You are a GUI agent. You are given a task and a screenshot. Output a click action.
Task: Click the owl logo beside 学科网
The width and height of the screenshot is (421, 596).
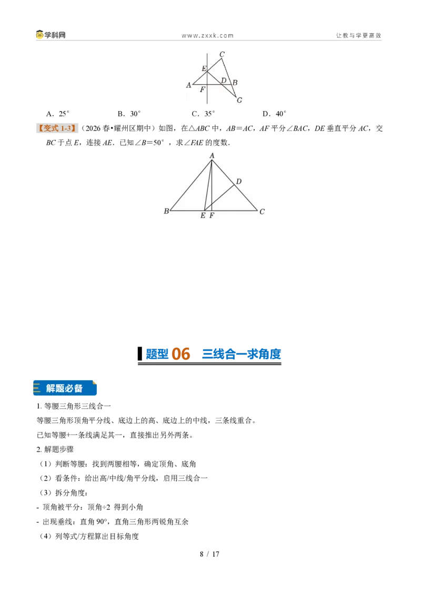click(39, 35)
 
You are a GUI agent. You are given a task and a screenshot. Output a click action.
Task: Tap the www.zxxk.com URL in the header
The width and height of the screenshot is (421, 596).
click(207, 36)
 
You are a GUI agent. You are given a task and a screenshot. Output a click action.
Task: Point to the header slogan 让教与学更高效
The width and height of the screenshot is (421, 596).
click(358, 35)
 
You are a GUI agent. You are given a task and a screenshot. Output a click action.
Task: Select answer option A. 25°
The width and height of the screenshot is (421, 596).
click(58, 114)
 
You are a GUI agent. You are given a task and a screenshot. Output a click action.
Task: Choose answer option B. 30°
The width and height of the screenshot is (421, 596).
click(129, 114)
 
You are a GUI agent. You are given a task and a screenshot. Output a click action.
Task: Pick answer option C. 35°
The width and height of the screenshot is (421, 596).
click(203, 114)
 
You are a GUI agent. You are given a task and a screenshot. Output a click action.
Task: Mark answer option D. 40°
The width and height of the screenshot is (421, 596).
click(274, 114)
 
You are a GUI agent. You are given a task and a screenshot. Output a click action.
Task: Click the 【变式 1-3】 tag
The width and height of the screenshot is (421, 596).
click(57, 128)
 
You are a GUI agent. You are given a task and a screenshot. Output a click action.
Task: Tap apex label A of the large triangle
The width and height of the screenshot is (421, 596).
click(212, 155)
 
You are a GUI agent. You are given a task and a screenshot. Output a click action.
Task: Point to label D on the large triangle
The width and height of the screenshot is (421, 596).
click(238, 181)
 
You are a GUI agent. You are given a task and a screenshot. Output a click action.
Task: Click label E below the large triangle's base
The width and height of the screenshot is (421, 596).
click(203, 215)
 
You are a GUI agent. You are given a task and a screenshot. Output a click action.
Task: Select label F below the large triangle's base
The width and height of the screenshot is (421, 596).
click(212, 215)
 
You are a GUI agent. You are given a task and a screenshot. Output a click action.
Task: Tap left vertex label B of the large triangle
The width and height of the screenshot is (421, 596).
click(166, 211)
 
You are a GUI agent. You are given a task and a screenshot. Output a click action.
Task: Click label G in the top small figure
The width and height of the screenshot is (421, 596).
click(239, 101)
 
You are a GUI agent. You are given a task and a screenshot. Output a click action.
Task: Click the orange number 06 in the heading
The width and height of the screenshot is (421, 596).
click(181, 354)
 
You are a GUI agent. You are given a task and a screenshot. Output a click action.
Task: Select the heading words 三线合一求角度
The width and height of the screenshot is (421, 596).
click(242, 354)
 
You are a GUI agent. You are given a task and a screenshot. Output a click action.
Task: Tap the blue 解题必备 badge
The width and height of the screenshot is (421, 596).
click(65, 388)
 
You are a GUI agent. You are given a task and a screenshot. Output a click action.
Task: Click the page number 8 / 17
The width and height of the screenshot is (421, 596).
click(210, 554)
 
